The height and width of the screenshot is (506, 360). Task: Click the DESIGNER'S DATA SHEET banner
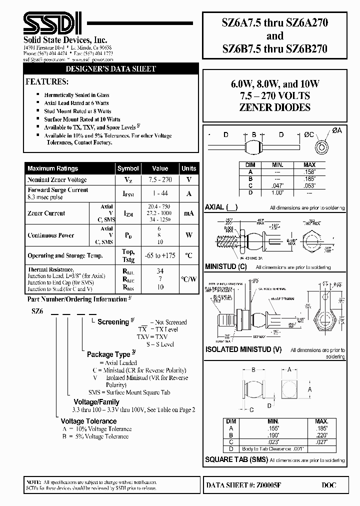(x=111, y=69)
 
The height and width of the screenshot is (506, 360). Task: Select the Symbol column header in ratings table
(x=128, y=168)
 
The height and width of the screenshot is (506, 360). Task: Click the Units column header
(x=188, y=168)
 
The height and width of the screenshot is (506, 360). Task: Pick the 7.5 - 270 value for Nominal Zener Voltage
(x=160, y=179)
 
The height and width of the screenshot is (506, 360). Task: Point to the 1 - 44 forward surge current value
(x=160, y=193)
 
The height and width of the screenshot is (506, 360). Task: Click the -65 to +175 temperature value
(x=160, y=255)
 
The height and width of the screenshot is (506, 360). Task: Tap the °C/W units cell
(x=188, y=279)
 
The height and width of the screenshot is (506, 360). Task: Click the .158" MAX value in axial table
(x=309, y=171)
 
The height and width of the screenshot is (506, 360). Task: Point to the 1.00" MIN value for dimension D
(x=277, y=191)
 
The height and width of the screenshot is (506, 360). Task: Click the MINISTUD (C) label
(x=226, y=267)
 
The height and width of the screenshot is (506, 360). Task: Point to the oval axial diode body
(x=254, y=147)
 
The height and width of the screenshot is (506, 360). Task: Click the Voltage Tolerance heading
(x=88, y=421)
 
